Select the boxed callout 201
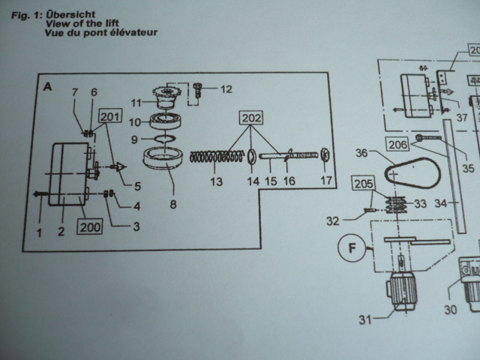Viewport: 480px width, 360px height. (x=109, y=117)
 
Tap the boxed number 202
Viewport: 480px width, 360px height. (x=251, y=118)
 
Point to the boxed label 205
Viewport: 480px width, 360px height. (x=364, y=184)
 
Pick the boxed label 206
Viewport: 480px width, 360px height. (x=398, y=145)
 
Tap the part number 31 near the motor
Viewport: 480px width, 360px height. (x=364, y=320)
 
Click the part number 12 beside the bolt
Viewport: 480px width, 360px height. (x=226, y=88)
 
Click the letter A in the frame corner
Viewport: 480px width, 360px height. (x=48, y=87)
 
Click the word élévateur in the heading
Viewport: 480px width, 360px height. (x=129, y=34)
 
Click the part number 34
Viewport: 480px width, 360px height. (x=440, y=202)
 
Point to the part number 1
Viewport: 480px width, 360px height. (x=39, y=232)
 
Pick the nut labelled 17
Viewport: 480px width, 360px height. (x=324, y=155)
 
